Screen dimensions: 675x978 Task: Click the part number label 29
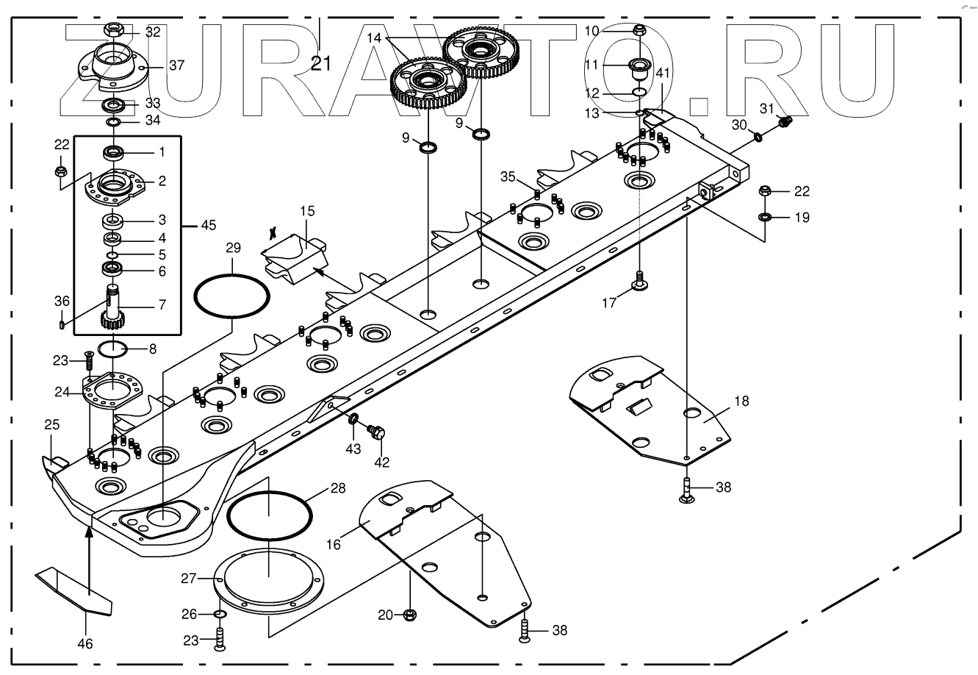[233, 249]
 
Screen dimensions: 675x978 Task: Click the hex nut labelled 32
[115, 31]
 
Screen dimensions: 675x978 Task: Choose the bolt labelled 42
[379, 434]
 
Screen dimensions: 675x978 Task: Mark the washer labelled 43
[354, 420]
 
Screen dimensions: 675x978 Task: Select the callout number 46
[85, 643]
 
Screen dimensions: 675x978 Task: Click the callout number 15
[307, 211]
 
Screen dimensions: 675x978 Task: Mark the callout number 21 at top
[320, 63]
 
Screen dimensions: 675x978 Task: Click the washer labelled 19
[764, 217]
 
